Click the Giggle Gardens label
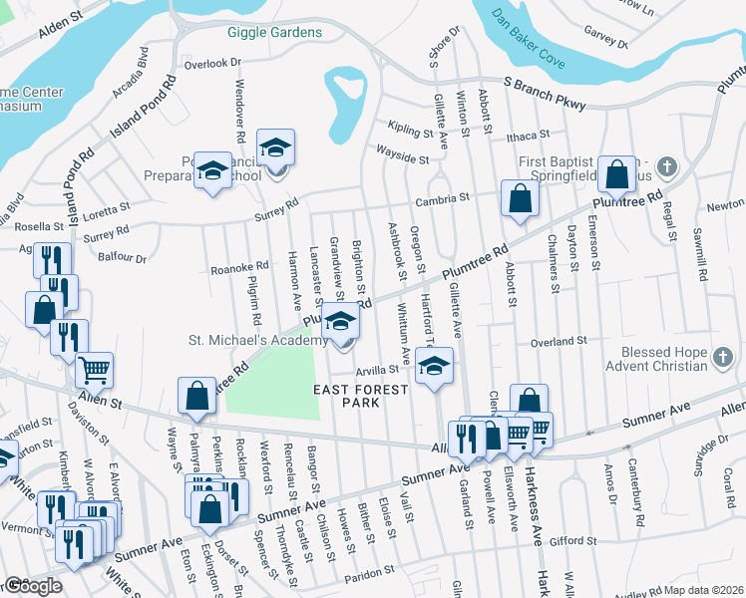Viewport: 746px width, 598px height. pos(274,32)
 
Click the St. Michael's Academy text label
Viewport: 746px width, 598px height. pos(258,341)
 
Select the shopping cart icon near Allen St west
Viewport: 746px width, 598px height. pos(94,371)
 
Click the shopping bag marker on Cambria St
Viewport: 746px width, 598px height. pos(520,197)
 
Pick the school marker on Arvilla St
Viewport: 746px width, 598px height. pos(434,365)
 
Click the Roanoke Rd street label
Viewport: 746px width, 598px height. pos(239,267)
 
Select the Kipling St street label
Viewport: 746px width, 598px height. pos(411,130)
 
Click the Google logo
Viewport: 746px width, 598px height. pos(33,586)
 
